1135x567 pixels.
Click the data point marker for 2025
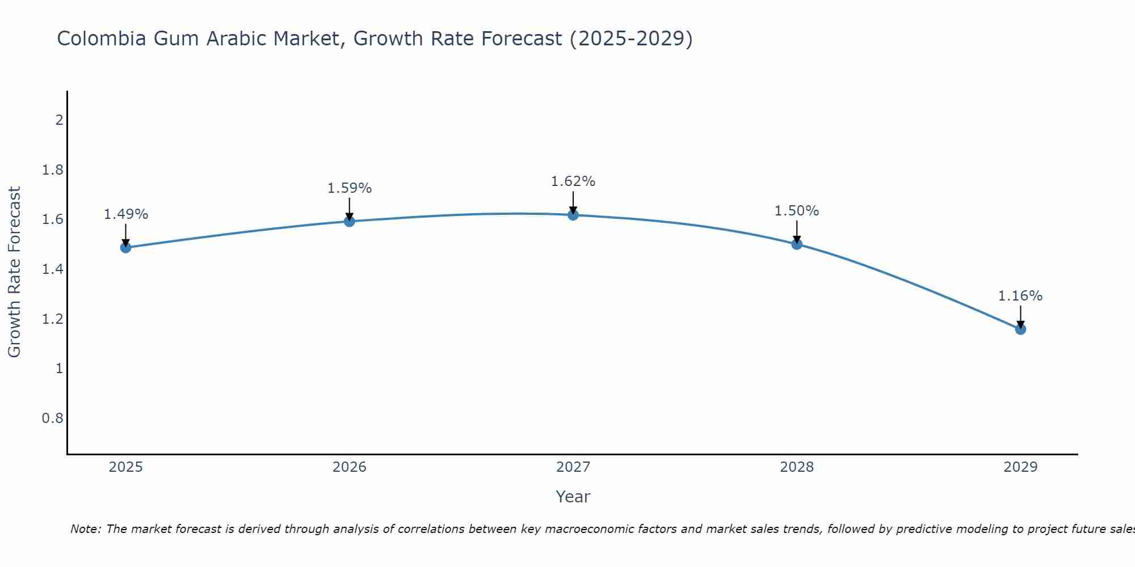(126, 247)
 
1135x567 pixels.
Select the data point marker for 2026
(350, 221)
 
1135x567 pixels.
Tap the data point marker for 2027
(573, 215)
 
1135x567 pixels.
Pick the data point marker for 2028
(797, 244)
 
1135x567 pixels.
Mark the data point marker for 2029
(1020, 329)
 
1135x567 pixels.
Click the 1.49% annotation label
(126, 214)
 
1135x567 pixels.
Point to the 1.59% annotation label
(350, 188)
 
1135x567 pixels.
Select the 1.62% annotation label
(573, 181)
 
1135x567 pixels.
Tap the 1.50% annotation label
(797, 211)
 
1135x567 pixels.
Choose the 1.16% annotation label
(1020, 296)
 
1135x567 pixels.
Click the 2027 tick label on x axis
(573, 467)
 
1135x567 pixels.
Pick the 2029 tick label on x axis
(1020, 467)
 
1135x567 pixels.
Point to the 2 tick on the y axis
(59, 120)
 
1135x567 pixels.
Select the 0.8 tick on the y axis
(53, 418)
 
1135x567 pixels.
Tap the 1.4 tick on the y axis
(53, 269)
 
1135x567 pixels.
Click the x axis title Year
(573, 497)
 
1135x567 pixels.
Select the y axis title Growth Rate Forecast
(15, 272)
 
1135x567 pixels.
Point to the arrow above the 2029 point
(1020, 316)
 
